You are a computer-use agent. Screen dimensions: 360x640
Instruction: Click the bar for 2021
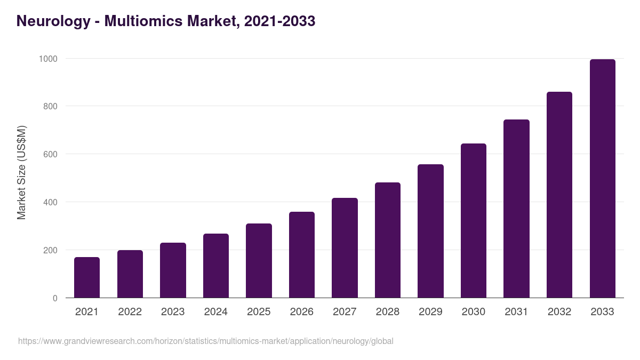(x=87, y=277)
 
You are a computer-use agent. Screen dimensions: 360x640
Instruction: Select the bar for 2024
(x=216, y=266)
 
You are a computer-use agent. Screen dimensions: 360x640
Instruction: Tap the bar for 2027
(x=345, y=248)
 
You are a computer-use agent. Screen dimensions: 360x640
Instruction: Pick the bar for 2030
(x=474, y=221)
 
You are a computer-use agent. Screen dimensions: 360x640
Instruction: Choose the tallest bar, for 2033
(x=602, y=179)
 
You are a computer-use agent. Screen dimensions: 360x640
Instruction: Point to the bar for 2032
(x=559, y=195)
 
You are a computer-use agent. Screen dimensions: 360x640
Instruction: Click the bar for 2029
(x=430, y=231)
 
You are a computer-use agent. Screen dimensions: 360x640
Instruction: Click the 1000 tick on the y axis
(x=48, y=59)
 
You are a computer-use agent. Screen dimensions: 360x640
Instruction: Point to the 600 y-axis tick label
(x=50, y=154)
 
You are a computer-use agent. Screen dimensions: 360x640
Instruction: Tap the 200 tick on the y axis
(x=50, y=250)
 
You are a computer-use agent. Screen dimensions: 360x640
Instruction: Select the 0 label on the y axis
(x=55, y=298)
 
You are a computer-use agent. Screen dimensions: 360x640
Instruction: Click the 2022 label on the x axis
(x=130, y=312)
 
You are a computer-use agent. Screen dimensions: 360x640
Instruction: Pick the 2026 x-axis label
(x=302, y=312)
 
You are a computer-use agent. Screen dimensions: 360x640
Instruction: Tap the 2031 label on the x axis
(x=516, y=312)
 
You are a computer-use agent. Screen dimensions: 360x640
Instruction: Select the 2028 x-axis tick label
(x=388, y=312)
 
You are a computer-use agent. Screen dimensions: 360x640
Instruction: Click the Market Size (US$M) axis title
(x=21, y=172)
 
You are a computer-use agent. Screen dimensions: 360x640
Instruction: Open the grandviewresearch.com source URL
(x=205, y=341)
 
